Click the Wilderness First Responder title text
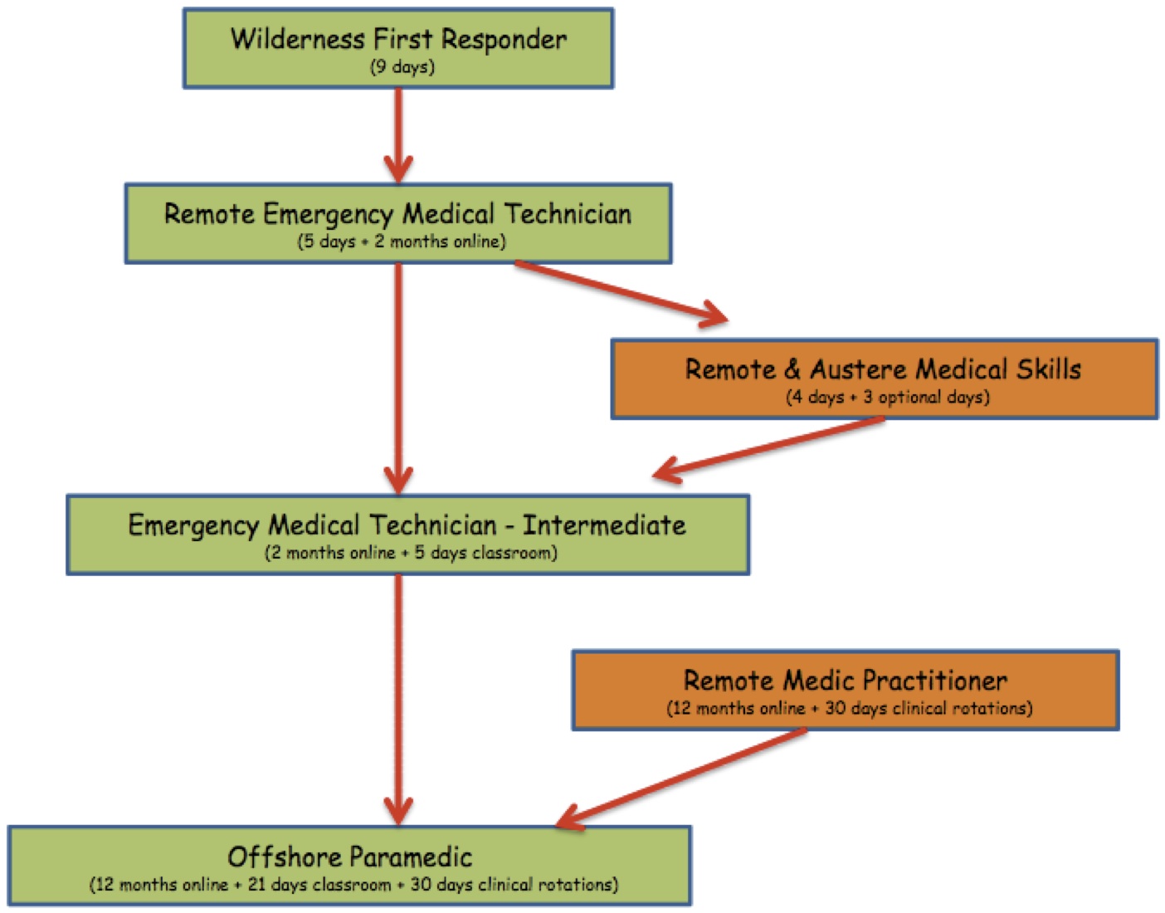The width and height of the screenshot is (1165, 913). pos(398,39)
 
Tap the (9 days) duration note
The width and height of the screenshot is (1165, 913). pos(402,67)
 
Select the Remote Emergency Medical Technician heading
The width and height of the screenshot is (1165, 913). pos(397,214)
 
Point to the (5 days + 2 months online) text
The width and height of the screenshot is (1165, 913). pos(402,242)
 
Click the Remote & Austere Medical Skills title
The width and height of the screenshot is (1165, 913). pos(883,369)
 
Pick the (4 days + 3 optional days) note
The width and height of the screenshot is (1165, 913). pos(887,397)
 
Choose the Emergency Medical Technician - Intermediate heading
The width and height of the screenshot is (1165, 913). pos(407,525)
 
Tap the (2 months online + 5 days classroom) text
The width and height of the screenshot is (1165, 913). pos(411,553)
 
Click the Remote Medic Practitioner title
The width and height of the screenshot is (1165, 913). pos(845,681)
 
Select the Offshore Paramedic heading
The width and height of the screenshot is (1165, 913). pos(349,857)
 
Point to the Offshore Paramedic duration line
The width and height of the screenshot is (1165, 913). pos(353,885)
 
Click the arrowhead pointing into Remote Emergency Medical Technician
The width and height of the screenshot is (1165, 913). pos(398,168)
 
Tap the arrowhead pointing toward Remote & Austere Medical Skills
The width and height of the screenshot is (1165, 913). pos(711,315)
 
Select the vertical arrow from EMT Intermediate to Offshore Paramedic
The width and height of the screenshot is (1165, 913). pos(398,697)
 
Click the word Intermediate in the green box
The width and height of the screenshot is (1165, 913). pos(604,525)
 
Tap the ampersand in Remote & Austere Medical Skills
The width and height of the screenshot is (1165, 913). pos(792,369)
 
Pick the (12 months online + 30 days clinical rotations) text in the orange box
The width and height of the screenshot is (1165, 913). pos(849,709)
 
